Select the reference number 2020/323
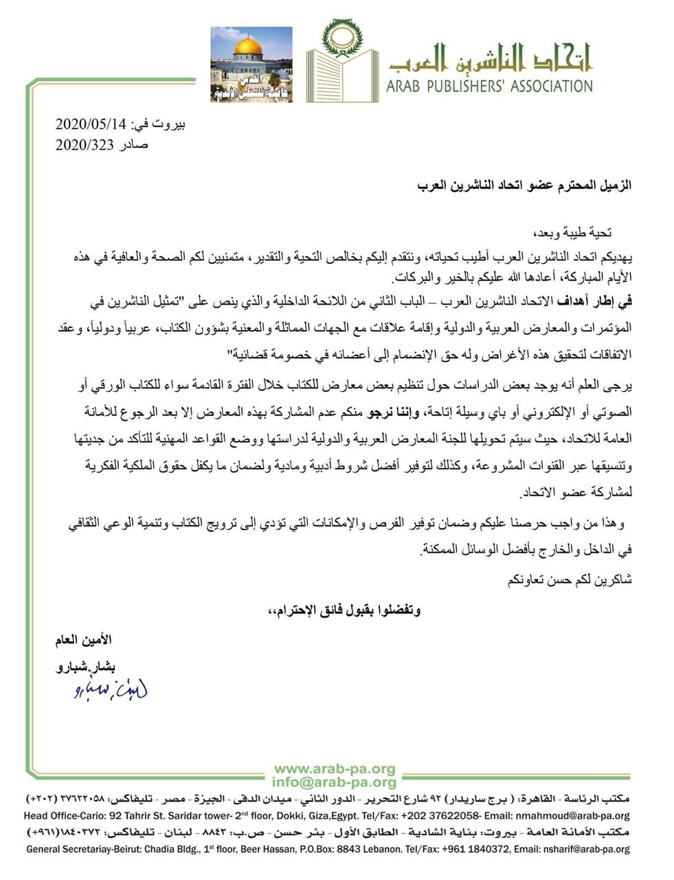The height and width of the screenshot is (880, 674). click(x=80, y=144)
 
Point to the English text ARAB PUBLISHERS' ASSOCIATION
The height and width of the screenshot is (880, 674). click(x=489, y=87)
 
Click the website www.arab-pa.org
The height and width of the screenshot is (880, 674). click(x=335, y=769)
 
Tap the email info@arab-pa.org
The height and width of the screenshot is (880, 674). click(x=334, y=782)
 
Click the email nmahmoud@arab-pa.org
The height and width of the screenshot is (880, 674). click(x=574, y=816)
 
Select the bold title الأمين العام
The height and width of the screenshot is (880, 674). click(x=83, y=640)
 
